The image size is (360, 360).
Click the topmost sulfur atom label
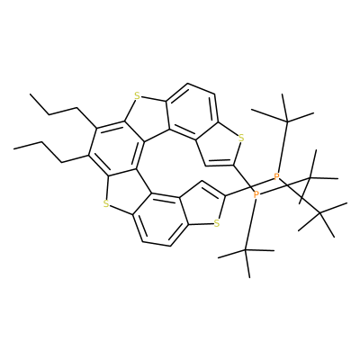(137, 96)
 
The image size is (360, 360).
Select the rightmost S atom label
(241, 139)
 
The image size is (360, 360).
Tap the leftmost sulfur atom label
(105, 204)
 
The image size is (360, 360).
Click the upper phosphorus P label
(276, 176)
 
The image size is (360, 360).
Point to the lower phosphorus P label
(256, 195)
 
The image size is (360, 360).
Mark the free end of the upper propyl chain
(30, 94)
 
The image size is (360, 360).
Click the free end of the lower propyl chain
(13, 148)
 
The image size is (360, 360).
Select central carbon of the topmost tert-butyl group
(286, 121)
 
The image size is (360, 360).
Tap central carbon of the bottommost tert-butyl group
(246, 250)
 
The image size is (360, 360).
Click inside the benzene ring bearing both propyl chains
(117, 149)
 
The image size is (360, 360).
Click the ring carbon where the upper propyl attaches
(96, 128)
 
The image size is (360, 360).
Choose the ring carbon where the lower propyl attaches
(89, 155)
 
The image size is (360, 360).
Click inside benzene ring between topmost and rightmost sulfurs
(192, 111)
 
